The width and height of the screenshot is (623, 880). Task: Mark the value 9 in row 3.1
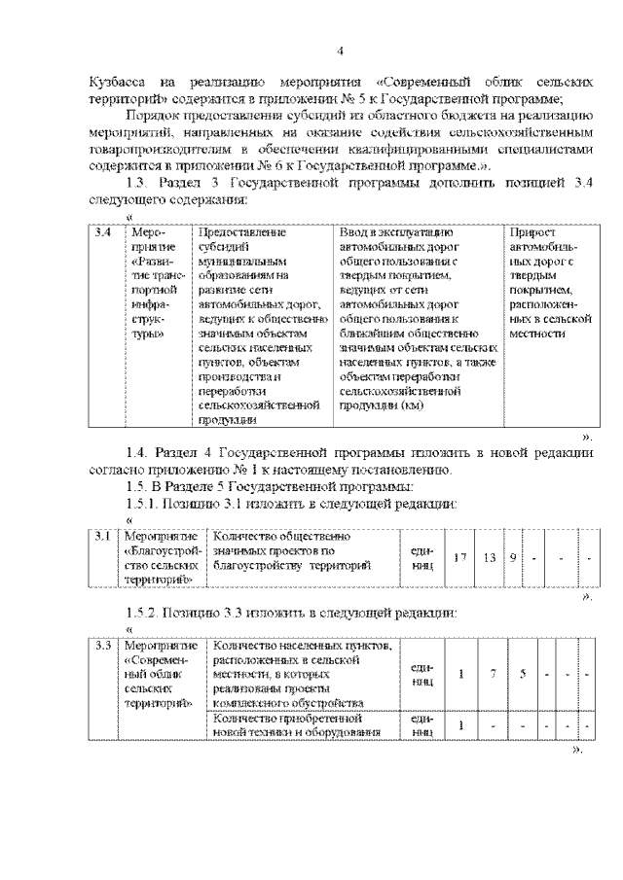(x=513, y=557)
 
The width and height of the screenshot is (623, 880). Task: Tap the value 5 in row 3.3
(x=523, y=674)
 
